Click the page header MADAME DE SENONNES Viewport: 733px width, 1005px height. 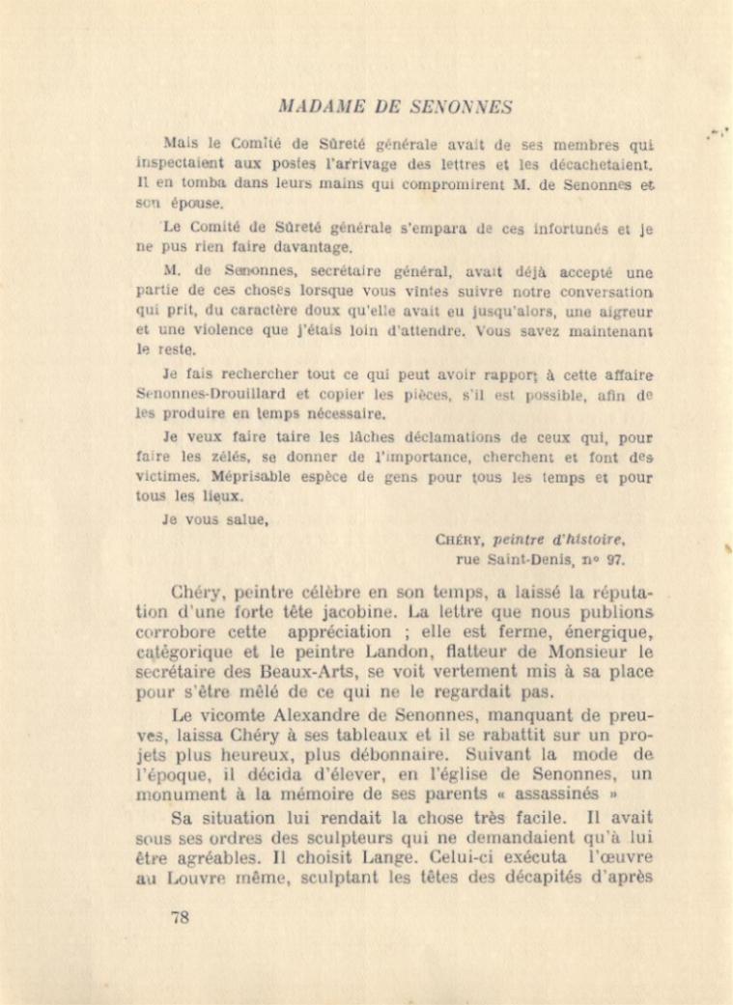pos(394,106)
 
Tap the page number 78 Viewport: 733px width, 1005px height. pos(180,917)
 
